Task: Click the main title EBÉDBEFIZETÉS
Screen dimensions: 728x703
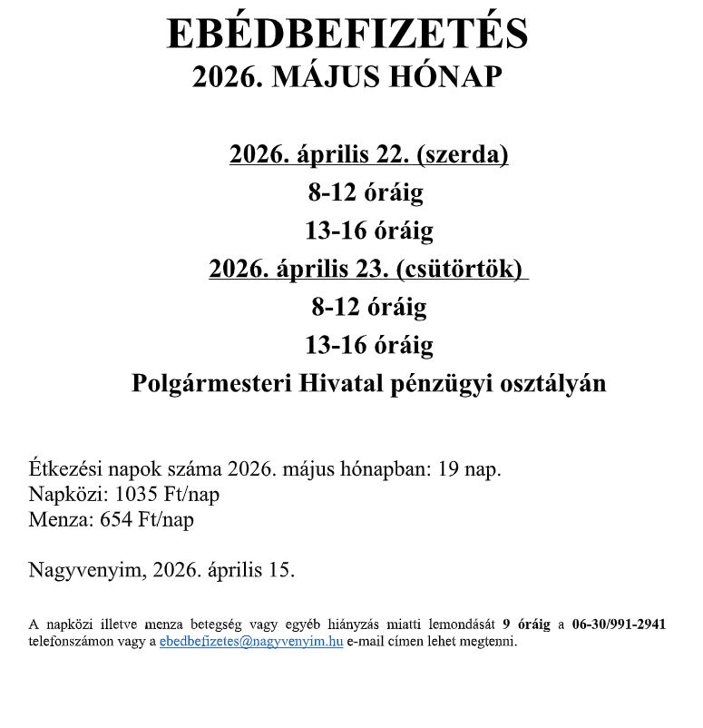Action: pyautogui.click(x=347, y=34)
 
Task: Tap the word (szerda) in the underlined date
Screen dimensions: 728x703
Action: pyautogui.click(x=461, y=154)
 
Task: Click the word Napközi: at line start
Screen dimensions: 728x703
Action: pyautogui.click(x=62, y=495)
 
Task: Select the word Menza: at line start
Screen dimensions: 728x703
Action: pyautogui.click(x=56, y=520)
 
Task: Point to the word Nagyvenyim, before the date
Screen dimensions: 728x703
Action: pyautogui.click(x=87, y=570)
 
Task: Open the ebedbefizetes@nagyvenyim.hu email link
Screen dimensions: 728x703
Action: pyautogui.click(x=251, y=641)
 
